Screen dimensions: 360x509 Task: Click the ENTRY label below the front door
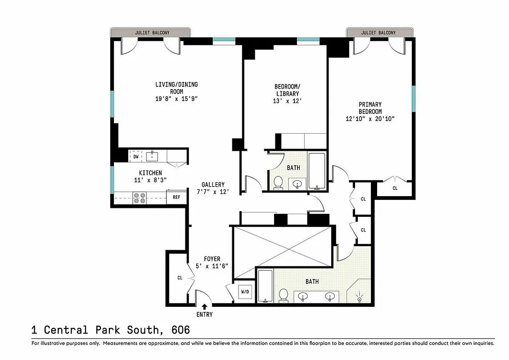[204, 315]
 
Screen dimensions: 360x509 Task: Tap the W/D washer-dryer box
[245, 292]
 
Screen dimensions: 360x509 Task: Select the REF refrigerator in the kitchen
[176, 197]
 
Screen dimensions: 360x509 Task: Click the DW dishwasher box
[136, 157]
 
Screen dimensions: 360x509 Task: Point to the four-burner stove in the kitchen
[140, 198]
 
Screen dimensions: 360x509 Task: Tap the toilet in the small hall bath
[278, 182]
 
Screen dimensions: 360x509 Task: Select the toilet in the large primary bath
[284, 295]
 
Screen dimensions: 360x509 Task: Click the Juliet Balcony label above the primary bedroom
[378, 33]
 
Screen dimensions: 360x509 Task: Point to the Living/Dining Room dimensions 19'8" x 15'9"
[176, 99]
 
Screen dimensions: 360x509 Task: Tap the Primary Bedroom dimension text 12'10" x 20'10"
[370, 119]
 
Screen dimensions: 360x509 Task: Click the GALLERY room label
[213, 185]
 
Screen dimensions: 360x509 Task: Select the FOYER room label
[212, 259]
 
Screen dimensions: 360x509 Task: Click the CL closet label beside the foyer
[180, 278]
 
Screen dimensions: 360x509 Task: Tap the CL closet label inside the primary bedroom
[395, 188]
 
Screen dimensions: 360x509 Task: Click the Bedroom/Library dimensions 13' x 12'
[287, 101]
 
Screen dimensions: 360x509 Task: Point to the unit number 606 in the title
[180, 330]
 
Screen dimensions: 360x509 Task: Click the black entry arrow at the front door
[205, 306]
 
